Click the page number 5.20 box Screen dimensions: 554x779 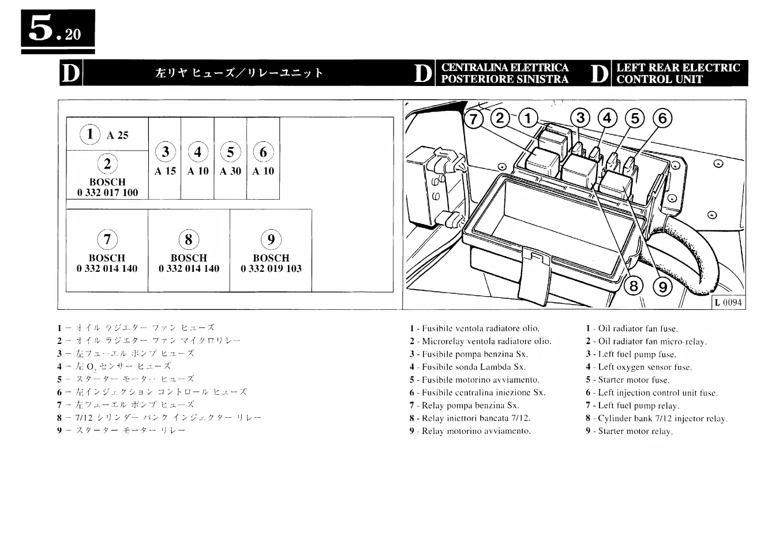[58, 29]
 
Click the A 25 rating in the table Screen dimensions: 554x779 [117, 136]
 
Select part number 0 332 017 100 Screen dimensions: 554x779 [107, 193]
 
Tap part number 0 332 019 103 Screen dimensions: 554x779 [271, 268]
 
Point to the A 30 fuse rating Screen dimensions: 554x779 [230, 171]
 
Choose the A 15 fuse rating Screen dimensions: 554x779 [165, 171]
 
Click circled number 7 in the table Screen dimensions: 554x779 [107, 239]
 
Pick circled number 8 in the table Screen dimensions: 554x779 [189, 239]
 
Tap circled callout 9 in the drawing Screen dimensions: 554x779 [662, 286]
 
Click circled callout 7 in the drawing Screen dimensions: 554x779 [474, 119]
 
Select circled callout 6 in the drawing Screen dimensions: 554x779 [662, 118]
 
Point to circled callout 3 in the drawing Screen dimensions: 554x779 [580, 118]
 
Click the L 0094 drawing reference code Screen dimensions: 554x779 [728, 302]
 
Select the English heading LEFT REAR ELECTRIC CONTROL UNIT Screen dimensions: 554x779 [677, 73]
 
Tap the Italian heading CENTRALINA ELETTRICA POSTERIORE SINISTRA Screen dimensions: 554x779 [504, 73]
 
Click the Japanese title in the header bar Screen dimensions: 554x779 [239, 73]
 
